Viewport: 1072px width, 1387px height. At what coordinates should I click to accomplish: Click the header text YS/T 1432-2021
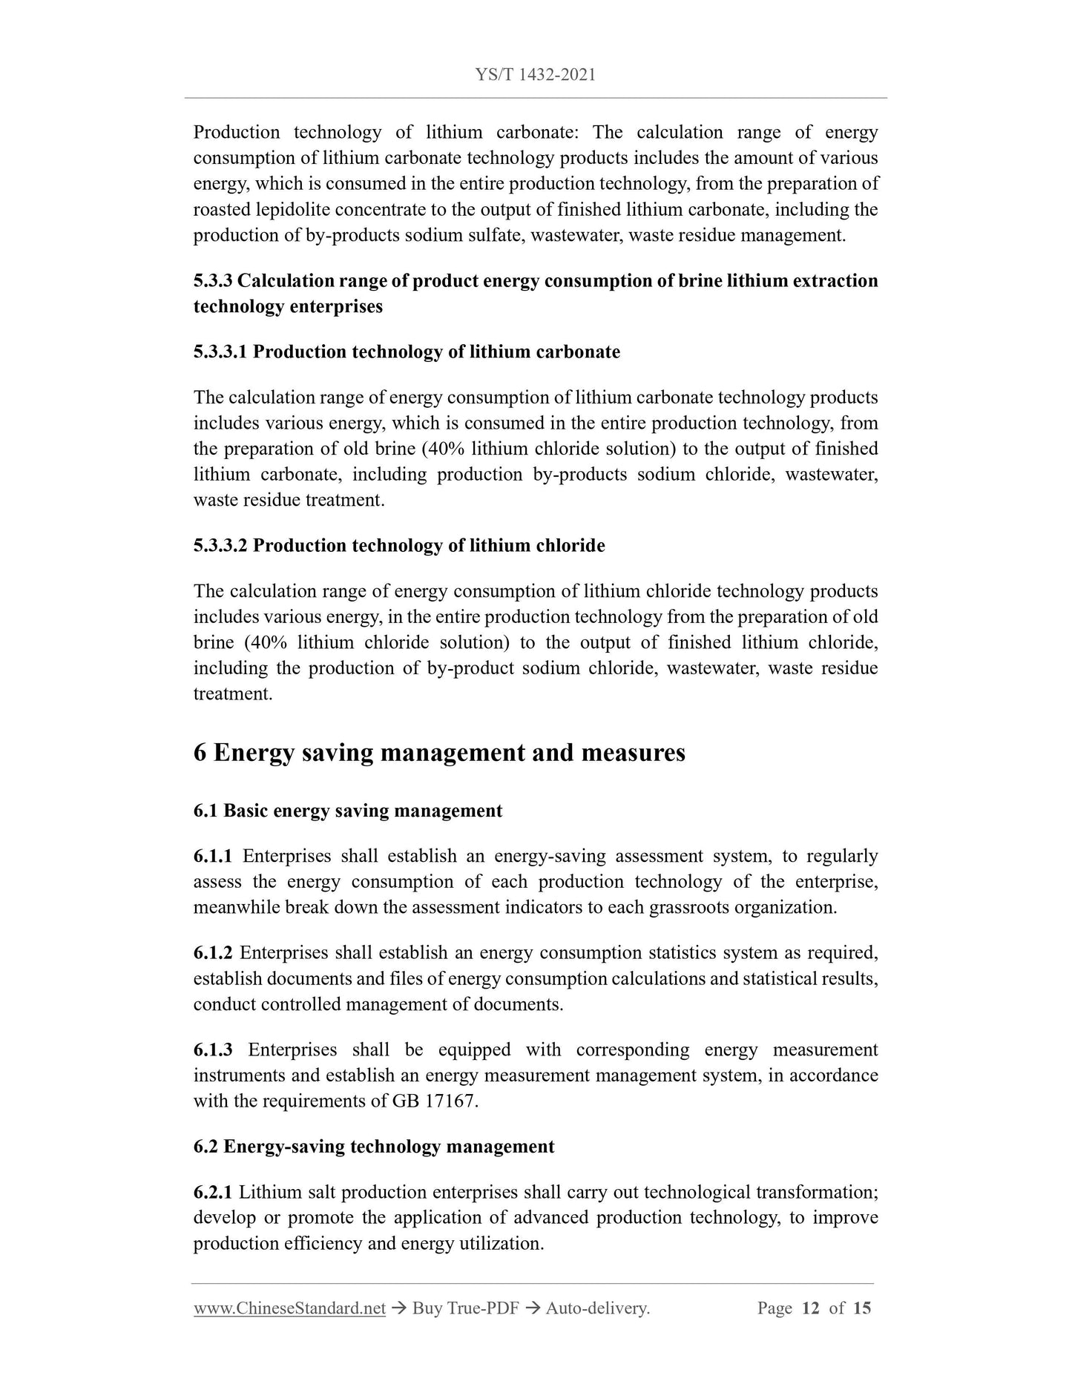pos(535,75)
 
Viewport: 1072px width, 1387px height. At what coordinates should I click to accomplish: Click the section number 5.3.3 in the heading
pos(213,281)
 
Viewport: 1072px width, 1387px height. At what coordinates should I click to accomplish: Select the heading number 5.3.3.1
pos(220,352)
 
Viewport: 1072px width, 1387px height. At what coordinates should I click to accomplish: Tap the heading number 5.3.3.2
pos(220,546)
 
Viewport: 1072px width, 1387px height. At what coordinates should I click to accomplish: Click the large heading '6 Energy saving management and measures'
pos(439,753)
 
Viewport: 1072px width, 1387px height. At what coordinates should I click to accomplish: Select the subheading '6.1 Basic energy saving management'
pos(348,811)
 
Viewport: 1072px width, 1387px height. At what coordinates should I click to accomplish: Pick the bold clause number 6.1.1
pos(213,857)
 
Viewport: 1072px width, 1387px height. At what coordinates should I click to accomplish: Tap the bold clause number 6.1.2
pos(213,953)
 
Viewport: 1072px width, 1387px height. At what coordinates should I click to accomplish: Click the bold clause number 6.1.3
pos(213,1050)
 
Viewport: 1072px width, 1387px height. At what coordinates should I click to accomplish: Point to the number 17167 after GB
pos(450,1101)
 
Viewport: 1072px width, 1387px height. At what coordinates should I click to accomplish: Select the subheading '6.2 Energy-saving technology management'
pos(374,1147)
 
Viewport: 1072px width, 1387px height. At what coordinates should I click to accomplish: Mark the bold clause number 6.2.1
pos(213,1193)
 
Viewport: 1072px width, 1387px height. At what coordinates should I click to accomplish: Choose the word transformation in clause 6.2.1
pos(817,1193)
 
